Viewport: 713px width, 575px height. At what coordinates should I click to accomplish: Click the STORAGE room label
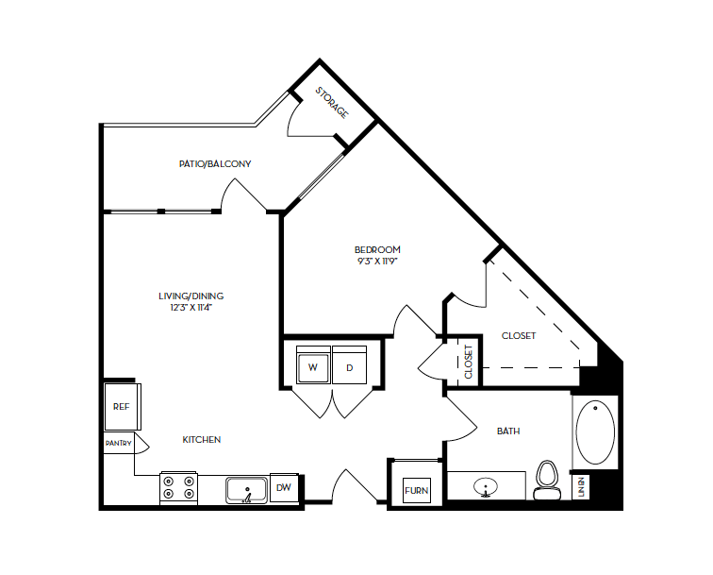tap(332, 102)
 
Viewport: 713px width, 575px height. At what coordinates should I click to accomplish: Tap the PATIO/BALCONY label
tap(215, 163)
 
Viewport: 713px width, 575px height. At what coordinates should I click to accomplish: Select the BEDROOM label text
tap(377, 249)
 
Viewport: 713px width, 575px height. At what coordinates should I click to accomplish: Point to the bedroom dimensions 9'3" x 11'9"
tap(377, 262)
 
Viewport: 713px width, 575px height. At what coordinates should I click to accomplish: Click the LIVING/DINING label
tap(191, 296)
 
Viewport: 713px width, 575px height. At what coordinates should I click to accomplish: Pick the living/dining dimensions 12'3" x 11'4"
tap(191, 308)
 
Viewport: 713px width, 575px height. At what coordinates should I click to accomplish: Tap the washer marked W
tap(312, 367)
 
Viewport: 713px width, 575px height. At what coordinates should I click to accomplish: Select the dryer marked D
tap(349, 367)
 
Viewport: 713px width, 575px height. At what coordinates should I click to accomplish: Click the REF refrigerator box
tap(121, 407)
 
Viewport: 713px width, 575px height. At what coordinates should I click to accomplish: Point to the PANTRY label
tap(119, 443)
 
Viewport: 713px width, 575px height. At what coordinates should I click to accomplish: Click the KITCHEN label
tap(202, 440)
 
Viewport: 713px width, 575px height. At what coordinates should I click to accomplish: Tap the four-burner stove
tap(178, 487)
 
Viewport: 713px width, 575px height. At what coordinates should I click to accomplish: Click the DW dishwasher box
tap(284, 488)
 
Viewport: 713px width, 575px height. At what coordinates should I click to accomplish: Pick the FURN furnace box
tap(416, 491)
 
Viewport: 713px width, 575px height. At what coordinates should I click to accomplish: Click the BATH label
tap(508, 431)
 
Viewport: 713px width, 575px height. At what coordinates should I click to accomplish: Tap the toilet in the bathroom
tap(546, 480)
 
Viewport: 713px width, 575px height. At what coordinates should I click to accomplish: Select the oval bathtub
tap(595, 433)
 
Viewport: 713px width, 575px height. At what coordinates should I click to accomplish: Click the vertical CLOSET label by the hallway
tap(469, 362)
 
